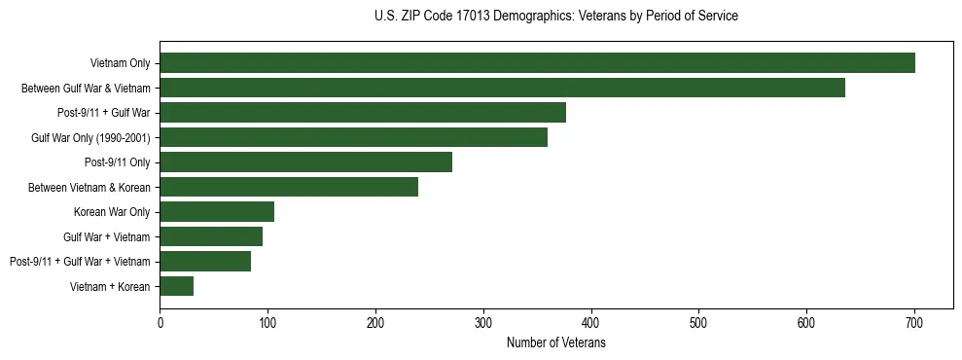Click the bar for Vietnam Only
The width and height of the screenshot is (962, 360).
pyautogui.click(x=537, y=63)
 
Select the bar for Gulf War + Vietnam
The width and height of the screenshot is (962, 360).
pyautogui.click(x=211, y=236)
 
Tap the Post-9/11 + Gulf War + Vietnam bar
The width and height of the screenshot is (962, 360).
pyautogui.click(x=205, y=261)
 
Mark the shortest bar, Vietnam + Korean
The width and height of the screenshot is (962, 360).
pyautogui.click(x=177, y=286)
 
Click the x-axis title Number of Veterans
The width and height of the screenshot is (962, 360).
pyautogui.click(x=556, y=343)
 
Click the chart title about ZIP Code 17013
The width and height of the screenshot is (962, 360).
pyautogui.click(x=556, y=17)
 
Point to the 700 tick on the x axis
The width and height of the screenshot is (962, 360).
pyautogui.click(x=913, y=323)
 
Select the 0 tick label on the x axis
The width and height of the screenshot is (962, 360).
pyautogui.click(x=160, y=323)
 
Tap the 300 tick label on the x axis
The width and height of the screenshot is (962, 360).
pyautogui.click(x=483, y=323)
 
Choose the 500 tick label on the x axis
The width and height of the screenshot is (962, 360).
pyautogui.click(x=698, y=323)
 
